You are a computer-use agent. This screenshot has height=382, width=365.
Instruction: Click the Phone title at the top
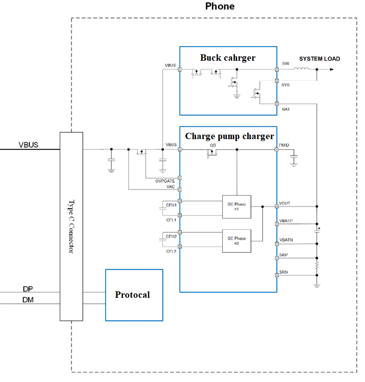pos(220,6)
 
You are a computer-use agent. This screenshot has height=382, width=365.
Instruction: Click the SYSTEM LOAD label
pos(319,59)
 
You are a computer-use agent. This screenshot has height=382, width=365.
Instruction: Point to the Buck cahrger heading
pos(228,58)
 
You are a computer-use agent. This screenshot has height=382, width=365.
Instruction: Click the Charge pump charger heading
pos(229,136)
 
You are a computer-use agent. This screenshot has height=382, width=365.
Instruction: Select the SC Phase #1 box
pos(236,206)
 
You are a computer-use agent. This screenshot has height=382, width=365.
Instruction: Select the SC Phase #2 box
pos(236,241)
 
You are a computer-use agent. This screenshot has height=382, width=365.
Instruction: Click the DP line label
pos(28,288)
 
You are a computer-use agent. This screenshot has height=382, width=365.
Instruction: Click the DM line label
pos(28,300)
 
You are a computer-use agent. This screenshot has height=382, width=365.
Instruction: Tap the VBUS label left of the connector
pos(28,145)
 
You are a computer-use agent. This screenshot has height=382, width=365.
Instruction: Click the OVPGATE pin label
pos(165,181)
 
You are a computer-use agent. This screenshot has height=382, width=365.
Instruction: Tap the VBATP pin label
pos(286,221)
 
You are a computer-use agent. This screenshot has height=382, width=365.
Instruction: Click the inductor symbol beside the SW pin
pos(303,69)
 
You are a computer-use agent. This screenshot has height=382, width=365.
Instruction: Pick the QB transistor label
pos(213,145)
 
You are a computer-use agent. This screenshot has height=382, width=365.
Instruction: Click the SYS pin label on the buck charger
pos(286,85)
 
